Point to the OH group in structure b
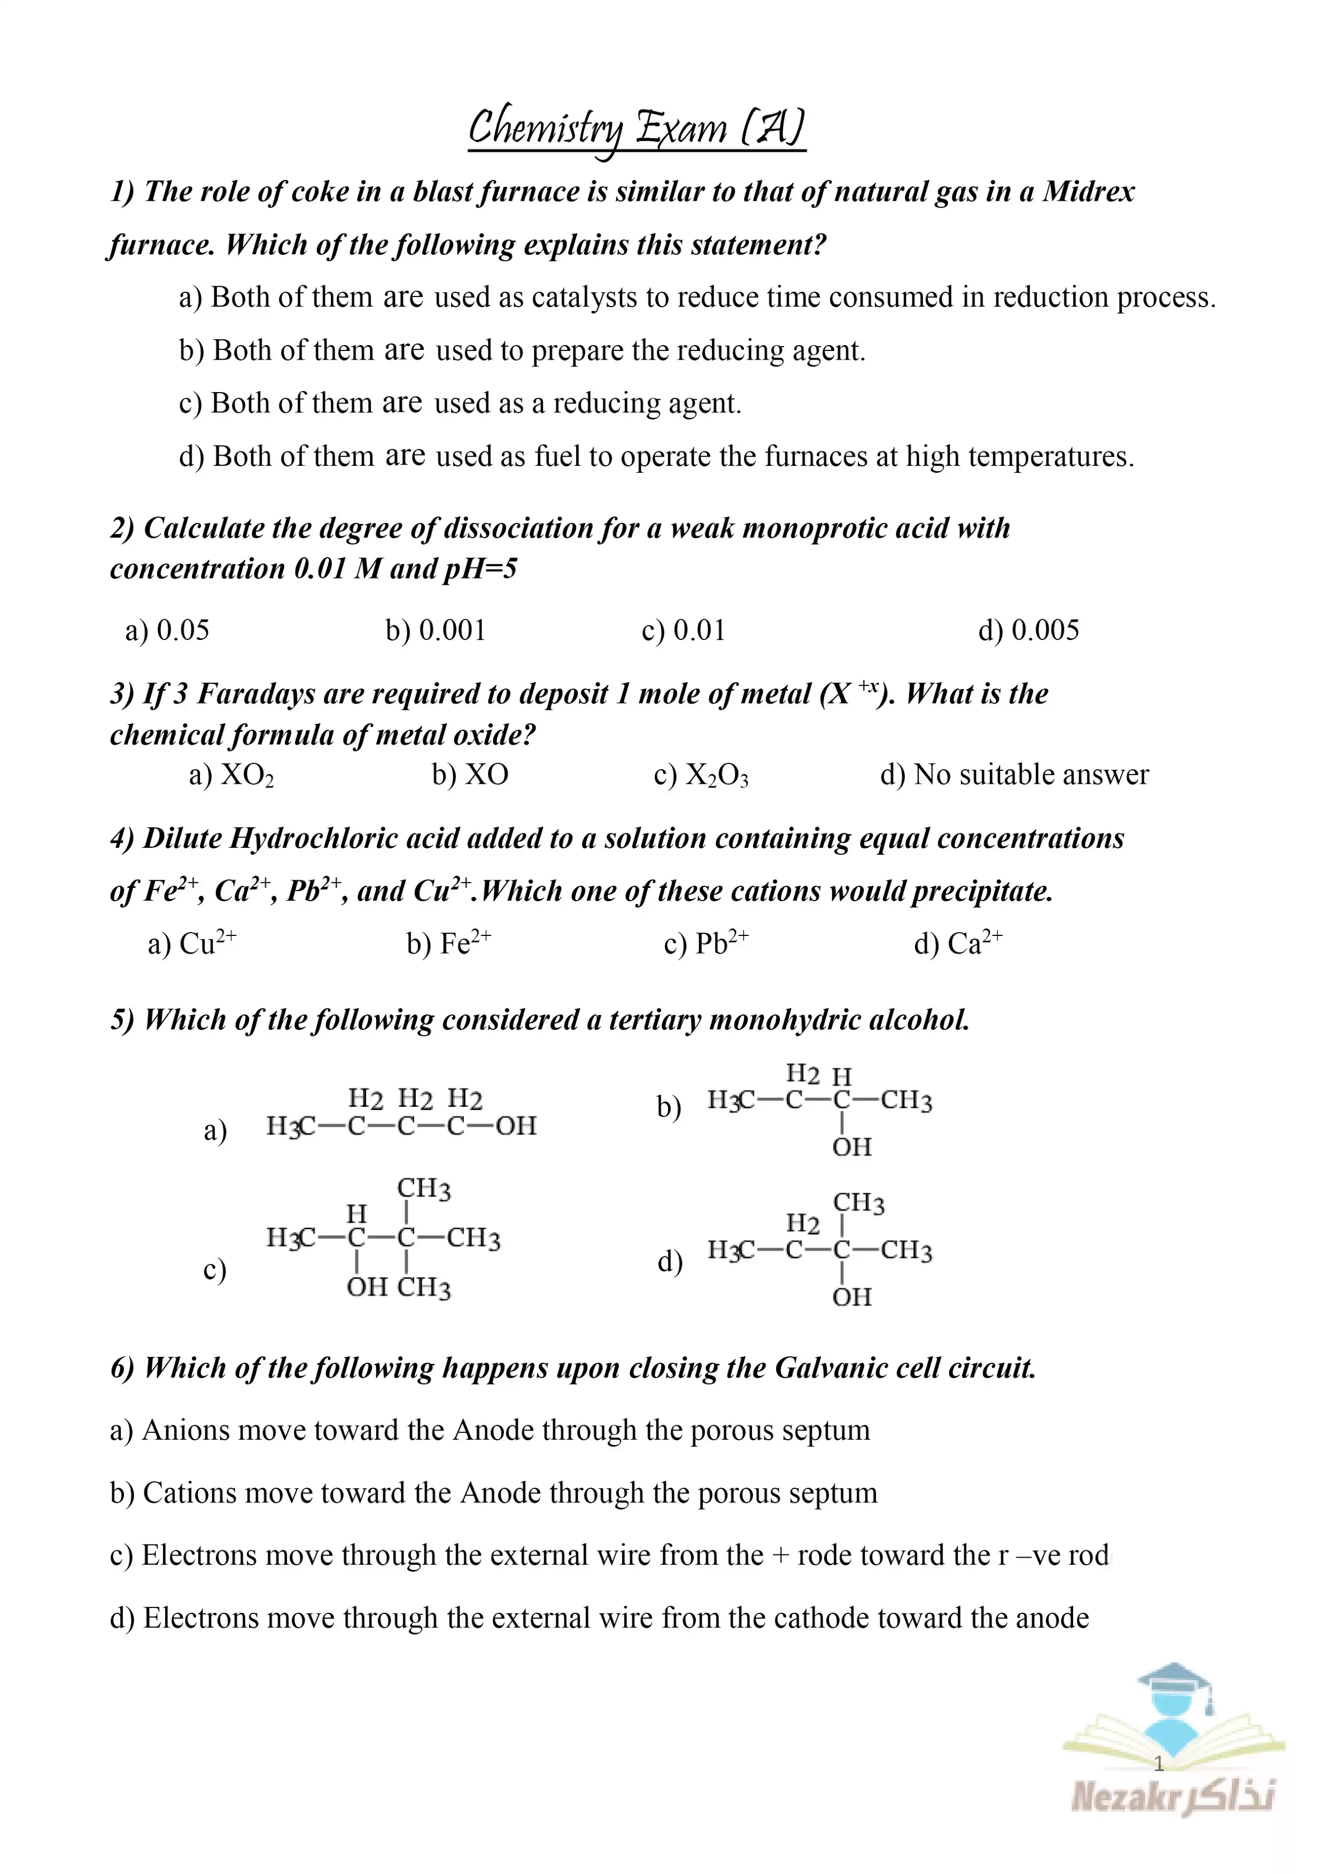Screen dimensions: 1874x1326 [x=851, y=1147]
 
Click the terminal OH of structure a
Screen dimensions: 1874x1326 [x=516, y=1126]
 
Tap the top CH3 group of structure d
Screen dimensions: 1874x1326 [x=858, y=1203]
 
